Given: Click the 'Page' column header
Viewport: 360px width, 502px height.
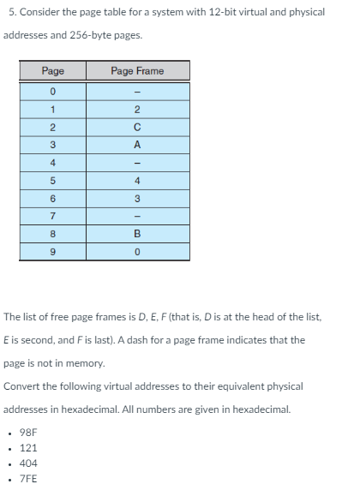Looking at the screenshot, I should click(x=52, y=71).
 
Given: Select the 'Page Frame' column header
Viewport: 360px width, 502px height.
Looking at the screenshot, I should click(x=138, y=71).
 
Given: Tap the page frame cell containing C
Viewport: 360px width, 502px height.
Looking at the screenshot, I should click(x=138, y=127).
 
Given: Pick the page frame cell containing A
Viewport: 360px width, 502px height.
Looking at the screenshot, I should click(x=138, y=145).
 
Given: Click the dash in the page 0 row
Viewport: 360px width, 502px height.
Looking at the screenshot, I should click(x=138, y=92).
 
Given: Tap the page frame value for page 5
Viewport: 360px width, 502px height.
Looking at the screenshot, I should click(x=138, y=181).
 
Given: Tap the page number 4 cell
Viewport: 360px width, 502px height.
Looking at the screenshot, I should click(x=52, y=163).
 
